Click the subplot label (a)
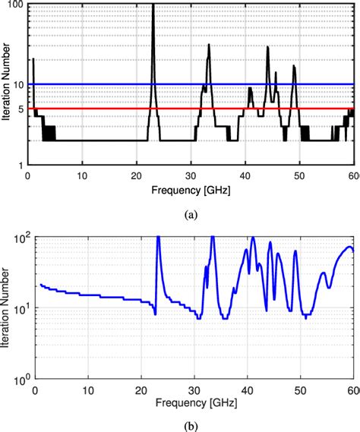tap(191, 215)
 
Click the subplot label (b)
tap(191, 426)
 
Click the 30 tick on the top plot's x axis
tap(191, 174)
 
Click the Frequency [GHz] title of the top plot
tap(191, 188)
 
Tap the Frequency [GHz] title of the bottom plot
tap(191, 399)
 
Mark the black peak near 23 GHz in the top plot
tap(153, 6)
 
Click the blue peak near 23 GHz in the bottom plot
tap(158, 238)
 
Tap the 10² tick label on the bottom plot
tap(21, 236)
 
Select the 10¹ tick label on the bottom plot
tap(21, 307)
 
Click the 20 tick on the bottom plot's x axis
tap(137, 389)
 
